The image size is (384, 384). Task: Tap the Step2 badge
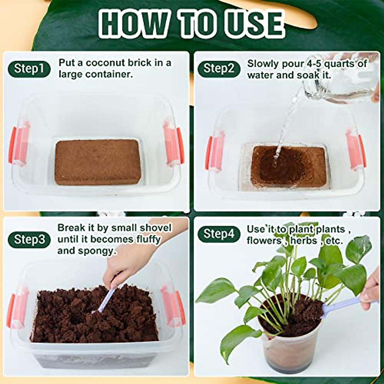click(x=219, y=68)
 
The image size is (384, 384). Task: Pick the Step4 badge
click(x=219, y=234)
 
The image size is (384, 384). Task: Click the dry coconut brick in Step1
click(x=98, y=162)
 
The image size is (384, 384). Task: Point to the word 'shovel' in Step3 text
click(x=156, y=228)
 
